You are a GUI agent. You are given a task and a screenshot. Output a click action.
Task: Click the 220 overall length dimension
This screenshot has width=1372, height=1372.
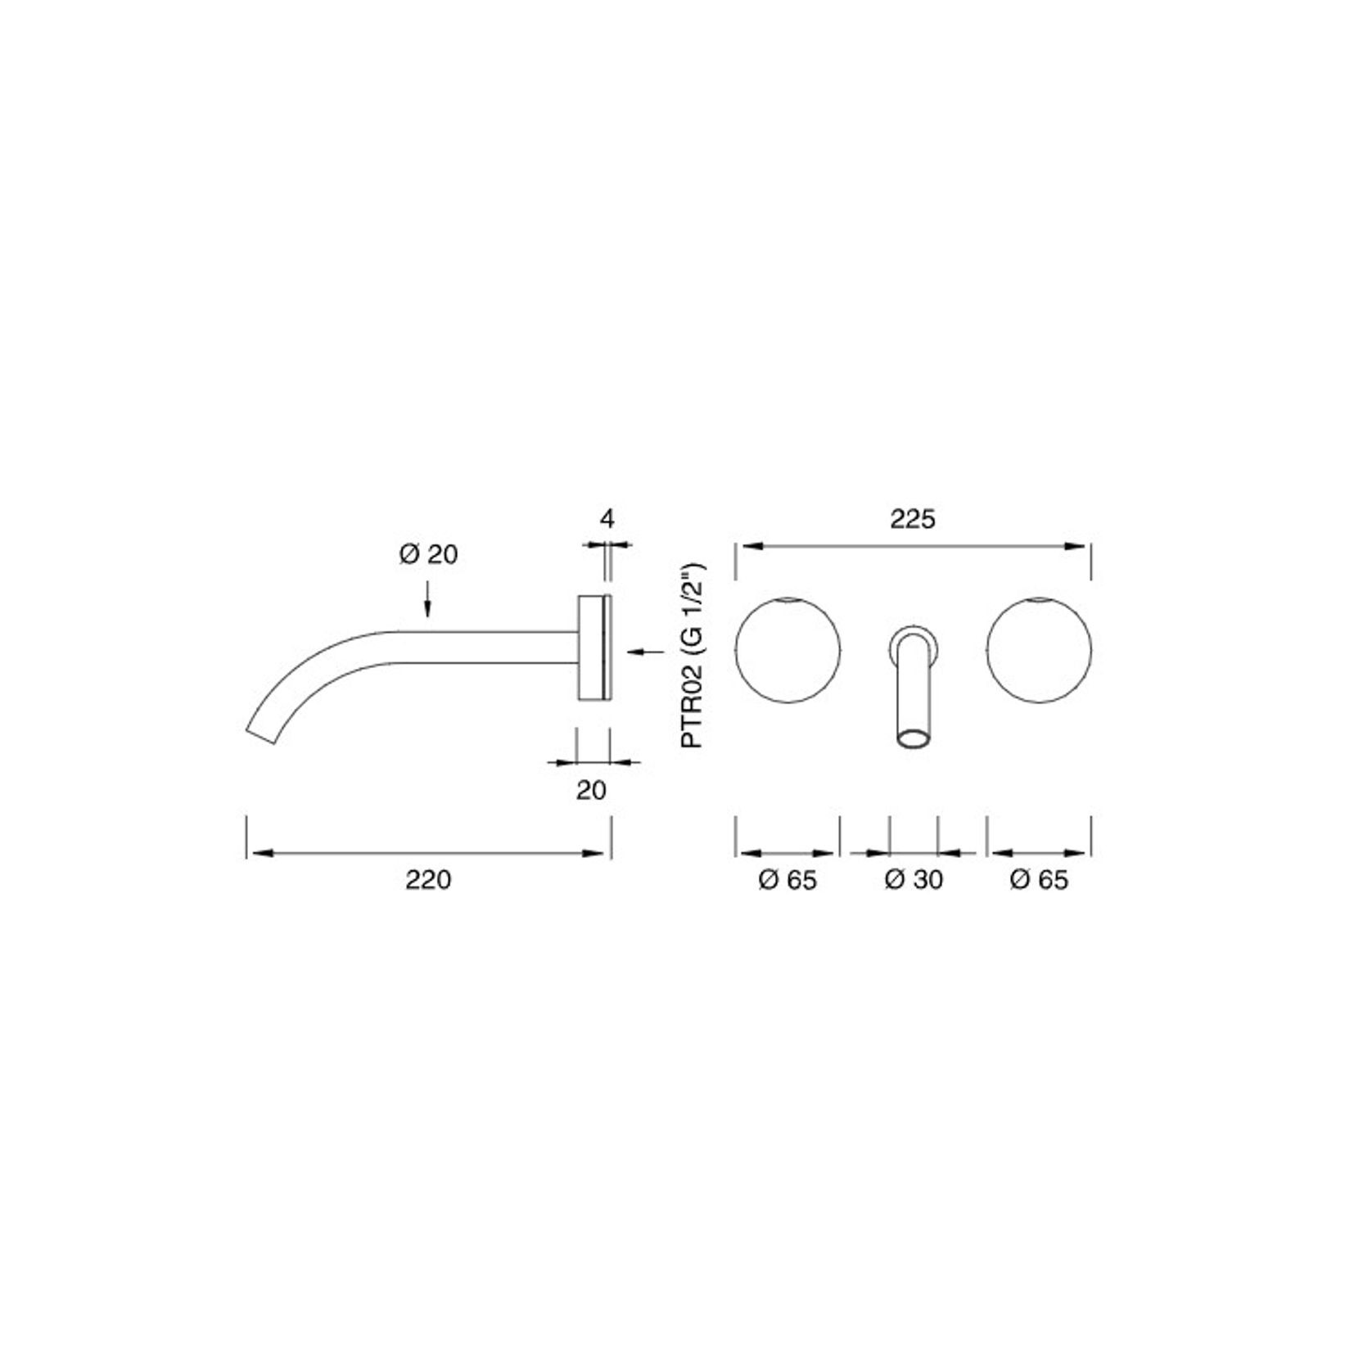pos(428,880)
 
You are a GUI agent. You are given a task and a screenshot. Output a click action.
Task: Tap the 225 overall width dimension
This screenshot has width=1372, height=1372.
pos(913,519)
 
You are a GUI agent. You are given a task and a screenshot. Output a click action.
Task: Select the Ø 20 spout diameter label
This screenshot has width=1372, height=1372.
pos(428,555)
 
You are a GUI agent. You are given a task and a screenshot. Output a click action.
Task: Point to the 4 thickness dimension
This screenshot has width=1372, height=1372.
pos(607,518)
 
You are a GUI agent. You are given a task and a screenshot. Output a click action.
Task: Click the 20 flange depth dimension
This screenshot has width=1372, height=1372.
pos(591,790)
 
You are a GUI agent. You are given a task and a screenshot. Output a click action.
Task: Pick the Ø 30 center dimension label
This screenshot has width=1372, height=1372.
pos(914,880)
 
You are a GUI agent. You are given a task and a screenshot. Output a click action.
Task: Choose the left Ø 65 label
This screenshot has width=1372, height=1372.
pos(788,880)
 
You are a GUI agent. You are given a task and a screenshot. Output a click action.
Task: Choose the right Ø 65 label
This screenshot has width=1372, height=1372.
pos(1039,880)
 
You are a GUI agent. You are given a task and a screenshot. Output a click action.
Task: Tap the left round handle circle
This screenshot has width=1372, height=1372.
pos(788,650)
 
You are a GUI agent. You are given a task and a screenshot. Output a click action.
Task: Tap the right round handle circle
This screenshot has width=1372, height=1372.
pos(1039,650)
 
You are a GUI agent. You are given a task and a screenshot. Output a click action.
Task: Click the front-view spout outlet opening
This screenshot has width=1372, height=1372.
pos(913,740)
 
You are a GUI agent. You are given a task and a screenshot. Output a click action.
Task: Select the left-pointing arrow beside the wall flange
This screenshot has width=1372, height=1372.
pos(647,652)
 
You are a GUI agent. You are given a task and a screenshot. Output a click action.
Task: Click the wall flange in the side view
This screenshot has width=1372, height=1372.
pos(592,648)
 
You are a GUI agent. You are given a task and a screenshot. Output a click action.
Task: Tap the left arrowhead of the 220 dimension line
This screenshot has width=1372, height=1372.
pos(260,853)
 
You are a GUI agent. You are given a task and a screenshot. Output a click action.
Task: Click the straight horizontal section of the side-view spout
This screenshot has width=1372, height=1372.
pos(483,647)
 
